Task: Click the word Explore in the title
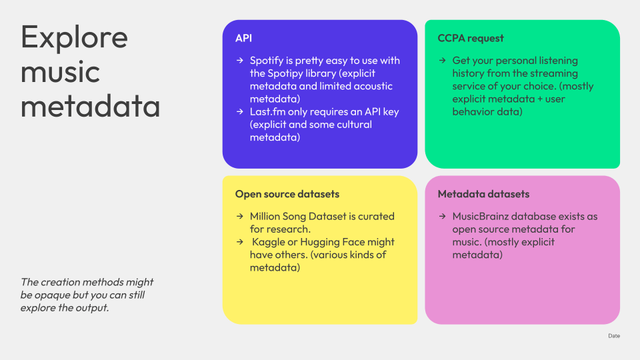[74, 37]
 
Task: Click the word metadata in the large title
[90, 106]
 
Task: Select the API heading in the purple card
[244, 38]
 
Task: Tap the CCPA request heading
[471, 38]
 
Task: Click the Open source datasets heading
[287, 194]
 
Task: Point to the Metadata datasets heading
[484, 194]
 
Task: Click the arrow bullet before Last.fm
[240, 111]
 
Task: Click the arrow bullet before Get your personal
[443, 61]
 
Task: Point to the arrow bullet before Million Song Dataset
[240, 216]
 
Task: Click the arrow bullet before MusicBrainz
[443, 216]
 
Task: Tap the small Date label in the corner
[614, 336]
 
